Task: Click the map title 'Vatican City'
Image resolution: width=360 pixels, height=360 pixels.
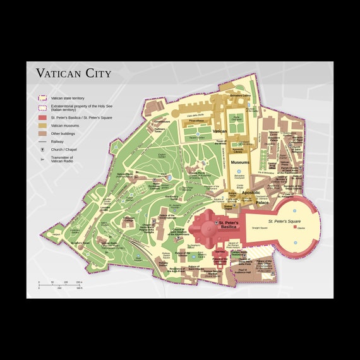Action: [73, 73]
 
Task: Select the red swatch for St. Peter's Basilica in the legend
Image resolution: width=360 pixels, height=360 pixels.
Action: [43, 117]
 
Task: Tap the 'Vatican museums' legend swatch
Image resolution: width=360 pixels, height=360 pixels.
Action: [43, 126]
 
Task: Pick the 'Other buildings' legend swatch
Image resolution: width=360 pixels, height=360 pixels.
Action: [43, 134]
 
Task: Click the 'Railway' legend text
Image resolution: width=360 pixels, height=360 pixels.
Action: [57, 142]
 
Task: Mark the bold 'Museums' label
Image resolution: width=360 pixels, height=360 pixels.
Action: [239, 162]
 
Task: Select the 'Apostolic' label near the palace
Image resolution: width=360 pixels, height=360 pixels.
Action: [251, 192]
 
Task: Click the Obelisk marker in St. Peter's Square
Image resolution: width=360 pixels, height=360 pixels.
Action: [294, 228]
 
